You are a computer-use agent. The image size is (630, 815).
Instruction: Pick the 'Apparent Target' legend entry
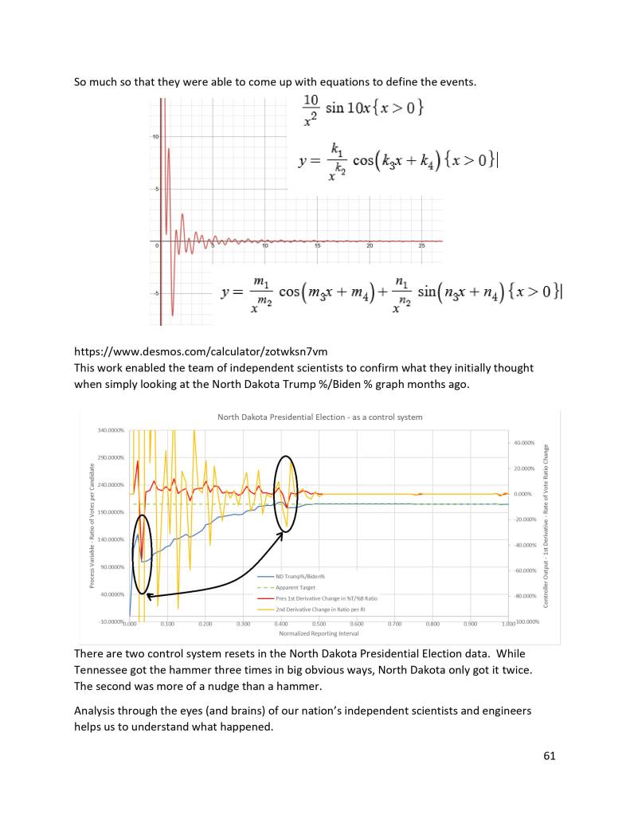click(x=296, y=586)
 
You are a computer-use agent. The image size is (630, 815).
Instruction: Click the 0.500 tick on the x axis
click(x=396, y=625)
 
